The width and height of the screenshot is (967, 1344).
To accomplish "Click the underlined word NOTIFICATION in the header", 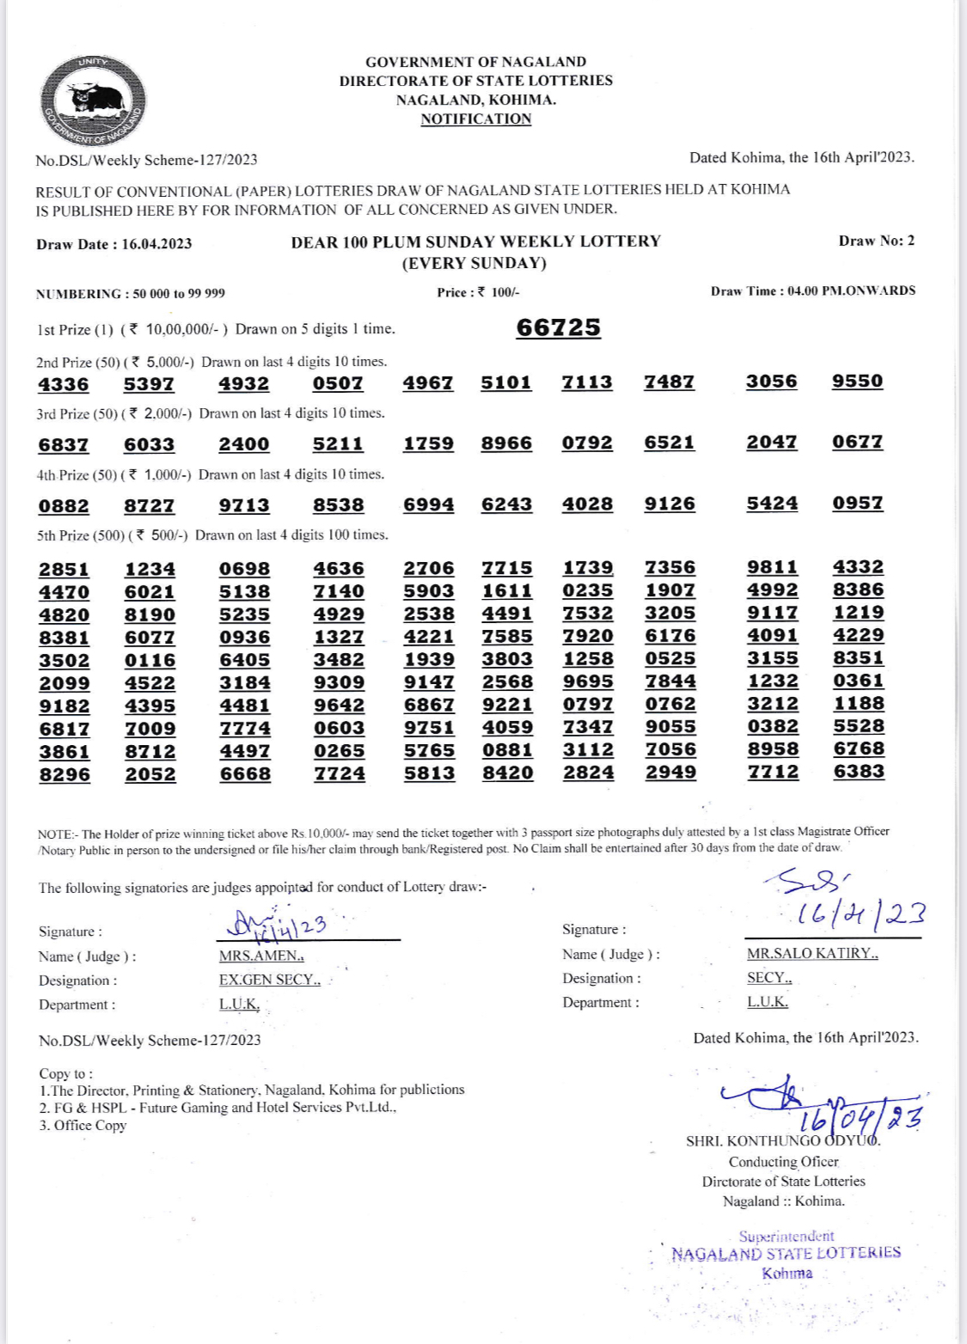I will (475, 119).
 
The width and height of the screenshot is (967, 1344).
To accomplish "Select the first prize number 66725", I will (558, 327).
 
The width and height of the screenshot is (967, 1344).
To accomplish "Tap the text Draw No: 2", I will (876, 241).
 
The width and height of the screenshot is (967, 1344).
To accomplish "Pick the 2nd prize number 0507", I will (338, 383).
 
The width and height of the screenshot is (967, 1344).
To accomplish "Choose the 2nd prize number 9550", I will (857, 381).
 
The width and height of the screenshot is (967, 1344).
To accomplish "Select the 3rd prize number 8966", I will (506, 443).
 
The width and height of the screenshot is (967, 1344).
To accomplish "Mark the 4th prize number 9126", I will (670, 504).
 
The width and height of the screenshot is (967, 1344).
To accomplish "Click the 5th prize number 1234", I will (150, 569).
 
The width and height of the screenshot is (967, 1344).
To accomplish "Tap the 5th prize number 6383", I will (859, 771).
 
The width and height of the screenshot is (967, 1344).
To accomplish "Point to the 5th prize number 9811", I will (772, 566).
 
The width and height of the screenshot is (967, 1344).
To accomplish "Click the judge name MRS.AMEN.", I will (261, 956).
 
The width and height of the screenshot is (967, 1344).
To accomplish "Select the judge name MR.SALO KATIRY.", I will (812, 953).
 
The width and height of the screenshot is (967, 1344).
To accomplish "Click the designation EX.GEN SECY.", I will (269, 980).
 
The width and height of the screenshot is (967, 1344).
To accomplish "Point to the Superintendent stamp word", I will (786, 1236).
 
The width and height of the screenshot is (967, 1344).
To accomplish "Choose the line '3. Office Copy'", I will (83, 1125).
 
